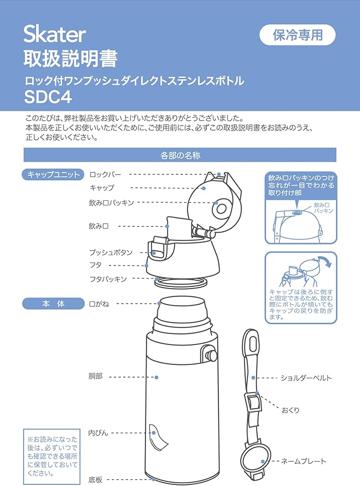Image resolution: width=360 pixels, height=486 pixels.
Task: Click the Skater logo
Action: [55, 34]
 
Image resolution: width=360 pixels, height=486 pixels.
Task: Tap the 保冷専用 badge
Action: [298, 35]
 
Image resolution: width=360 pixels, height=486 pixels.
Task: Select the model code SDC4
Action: [48, 97]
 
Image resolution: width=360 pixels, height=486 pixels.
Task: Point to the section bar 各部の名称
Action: [180, 155]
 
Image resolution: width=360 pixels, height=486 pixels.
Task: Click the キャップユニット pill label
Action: [53, 175]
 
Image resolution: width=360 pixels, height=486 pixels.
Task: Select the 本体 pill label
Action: [53, 304]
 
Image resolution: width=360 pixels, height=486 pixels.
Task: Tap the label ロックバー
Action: [105, 175]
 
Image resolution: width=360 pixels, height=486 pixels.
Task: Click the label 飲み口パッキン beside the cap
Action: [111, 203]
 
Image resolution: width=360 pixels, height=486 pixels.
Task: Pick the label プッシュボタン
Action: [111, 252]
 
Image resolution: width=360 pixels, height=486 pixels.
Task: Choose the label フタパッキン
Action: [108, 279]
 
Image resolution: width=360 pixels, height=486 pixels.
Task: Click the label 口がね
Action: [99, 304]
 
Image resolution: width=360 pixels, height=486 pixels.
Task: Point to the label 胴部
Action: [95, 377]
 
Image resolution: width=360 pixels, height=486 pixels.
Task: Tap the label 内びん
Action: [98, 433]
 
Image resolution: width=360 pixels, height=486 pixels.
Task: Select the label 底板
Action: [95, 480]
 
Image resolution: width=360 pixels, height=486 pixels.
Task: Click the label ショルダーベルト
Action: [306, 378]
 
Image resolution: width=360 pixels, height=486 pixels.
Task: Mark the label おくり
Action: [290, 410]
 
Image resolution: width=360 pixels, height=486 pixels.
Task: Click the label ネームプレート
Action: [303, 461]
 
